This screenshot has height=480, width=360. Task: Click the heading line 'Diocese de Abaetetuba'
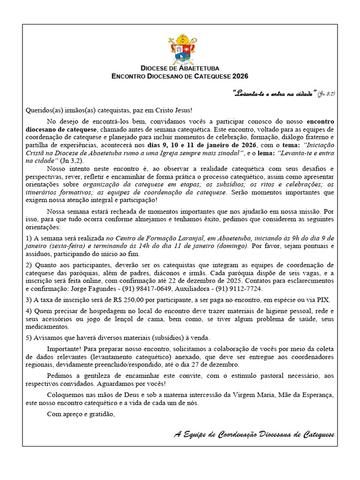(180, 68)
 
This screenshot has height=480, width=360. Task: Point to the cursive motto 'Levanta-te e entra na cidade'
(275, 94)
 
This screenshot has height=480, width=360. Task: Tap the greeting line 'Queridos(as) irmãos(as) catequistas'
(109, 110)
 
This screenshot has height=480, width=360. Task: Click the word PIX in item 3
(323, 300)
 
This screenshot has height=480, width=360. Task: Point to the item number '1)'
(29, 239)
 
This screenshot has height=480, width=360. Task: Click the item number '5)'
(29, 338)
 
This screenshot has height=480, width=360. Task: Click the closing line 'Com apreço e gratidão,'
(81, 414)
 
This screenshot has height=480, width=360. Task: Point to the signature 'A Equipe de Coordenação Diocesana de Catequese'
(254, 435)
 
